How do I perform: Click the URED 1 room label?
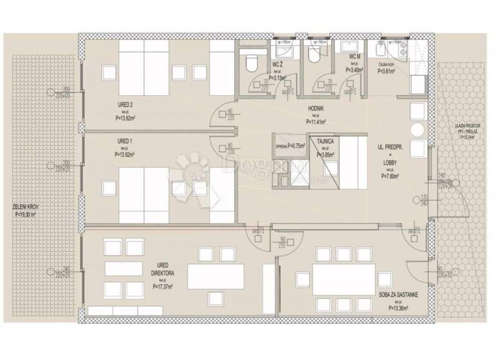click(x=124, y=141)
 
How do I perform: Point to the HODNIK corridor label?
click(x=315, y=109)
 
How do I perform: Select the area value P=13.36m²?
click(x=399, y=308)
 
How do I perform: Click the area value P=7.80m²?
click(x=390, y=176)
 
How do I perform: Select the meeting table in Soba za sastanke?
click(x=338, y=279)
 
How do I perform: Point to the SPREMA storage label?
click(x=280, y=146)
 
